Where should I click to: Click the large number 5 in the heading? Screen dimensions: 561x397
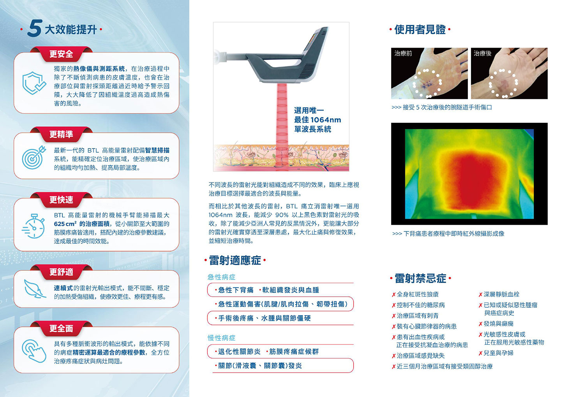35,28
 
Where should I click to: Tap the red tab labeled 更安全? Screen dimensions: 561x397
61,54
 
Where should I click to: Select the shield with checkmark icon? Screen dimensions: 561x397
34,83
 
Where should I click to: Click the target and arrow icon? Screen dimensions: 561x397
34,158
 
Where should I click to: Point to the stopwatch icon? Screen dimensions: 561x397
34,226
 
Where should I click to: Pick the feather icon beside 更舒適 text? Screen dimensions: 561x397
35,289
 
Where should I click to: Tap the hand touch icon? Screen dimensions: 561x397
34,351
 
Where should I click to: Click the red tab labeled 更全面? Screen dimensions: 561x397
61,328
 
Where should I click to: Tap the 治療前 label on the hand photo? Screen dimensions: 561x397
403,53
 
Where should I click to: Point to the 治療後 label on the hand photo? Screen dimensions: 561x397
482,53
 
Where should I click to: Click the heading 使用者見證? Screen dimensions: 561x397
420,30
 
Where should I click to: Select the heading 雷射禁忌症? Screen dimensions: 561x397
420,278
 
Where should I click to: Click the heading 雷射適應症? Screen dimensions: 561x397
235,261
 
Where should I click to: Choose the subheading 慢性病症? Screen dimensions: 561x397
222,338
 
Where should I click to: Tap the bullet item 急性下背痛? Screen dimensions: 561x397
236,290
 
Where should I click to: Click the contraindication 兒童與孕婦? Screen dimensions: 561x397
498,353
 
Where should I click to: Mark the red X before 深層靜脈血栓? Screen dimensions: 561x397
480,295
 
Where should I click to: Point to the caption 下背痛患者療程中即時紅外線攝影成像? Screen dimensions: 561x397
454,234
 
